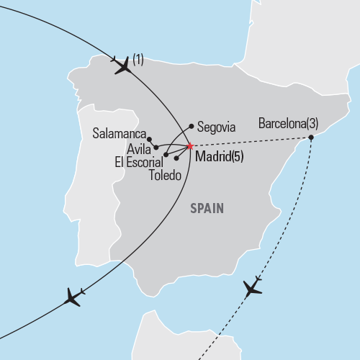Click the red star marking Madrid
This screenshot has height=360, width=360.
coord(189,146)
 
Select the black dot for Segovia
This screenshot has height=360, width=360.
coord(191,125)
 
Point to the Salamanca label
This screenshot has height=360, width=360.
coord(119,134)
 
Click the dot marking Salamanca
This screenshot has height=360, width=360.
coord(150,138)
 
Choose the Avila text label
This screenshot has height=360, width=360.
coord(138,149)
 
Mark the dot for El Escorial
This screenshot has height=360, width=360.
coord(166,154)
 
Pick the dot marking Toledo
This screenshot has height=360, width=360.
coord(176,158)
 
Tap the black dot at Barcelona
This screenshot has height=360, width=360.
coord(310,137)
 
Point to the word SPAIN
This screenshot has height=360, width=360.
coord(207,209)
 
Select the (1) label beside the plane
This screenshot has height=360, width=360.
coord(138,60)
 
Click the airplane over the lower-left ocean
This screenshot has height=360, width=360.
coord(73,297)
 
